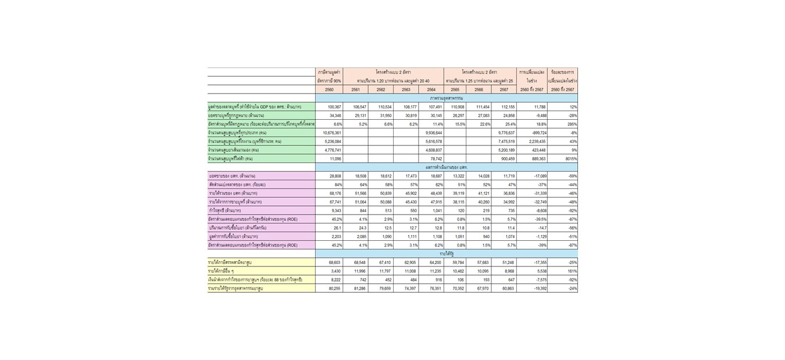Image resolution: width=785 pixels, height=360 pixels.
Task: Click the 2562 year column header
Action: [x=381, y=90]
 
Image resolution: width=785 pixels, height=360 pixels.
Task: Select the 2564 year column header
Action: [x=431, y=90]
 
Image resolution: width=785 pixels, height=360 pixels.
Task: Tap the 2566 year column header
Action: [x=479, y=90]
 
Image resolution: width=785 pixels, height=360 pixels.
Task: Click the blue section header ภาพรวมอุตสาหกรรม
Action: [x=446, y=98]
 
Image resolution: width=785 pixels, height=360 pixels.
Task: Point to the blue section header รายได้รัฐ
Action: [x=446, y=254]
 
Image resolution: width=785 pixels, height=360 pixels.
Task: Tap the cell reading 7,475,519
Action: [x=503, y=141]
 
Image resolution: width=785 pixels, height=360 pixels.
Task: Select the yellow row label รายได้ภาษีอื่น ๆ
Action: [x=221, y=272]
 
